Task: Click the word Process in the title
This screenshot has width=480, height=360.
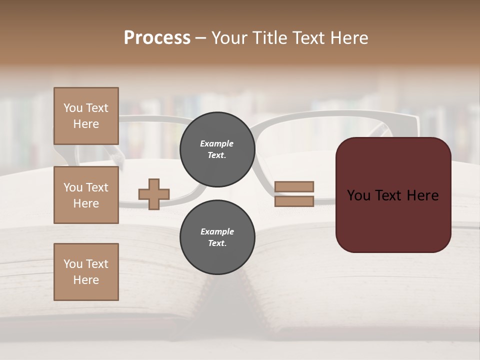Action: (157, 38)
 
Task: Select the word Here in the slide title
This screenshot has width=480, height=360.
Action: (348, 38)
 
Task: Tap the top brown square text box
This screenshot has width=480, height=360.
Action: (86, 116)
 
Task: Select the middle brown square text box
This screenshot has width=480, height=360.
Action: (86, 195)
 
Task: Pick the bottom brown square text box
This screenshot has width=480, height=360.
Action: (86, 272)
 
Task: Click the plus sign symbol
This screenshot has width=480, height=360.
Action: (154, 194)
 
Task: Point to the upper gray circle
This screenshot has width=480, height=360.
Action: (217, 149)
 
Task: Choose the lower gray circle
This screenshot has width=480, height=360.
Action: (217, 237)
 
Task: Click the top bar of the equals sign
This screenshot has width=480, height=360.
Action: (294, 186)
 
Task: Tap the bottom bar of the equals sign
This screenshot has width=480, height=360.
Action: (294, 201)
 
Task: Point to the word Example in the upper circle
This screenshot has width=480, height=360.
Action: (217, 143)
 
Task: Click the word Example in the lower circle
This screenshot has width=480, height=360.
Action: (217, 231)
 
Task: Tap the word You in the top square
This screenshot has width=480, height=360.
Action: (73, 108)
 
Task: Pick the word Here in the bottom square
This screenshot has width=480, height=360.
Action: (86, 280)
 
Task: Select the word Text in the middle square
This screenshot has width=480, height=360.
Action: (97, 187)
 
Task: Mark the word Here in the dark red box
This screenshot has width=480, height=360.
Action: (422, 195)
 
